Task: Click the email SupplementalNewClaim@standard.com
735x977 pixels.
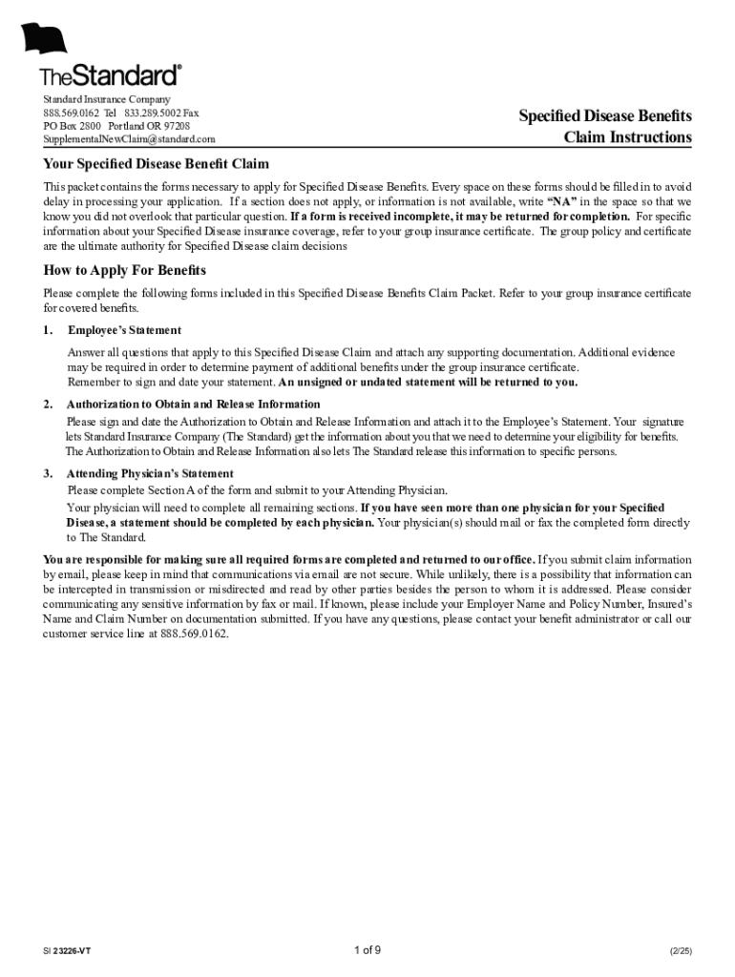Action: tap(129, 139)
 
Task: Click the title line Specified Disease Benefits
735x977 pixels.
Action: tap(605, 116)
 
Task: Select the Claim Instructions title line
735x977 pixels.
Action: tap(627, 137)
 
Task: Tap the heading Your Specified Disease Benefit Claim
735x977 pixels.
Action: tap(157, 164)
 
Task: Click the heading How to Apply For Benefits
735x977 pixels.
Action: tap(125, 271)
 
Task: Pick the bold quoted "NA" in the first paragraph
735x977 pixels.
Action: tap(561, 202)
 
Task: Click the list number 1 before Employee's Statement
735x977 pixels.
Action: tap(48, 330)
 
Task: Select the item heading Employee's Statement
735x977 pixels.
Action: tap(124, 330)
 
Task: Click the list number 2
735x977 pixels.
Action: tap(48, 404)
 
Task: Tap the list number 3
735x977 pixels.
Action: tap(48, 473)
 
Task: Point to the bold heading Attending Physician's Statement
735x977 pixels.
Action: tap(150, 473)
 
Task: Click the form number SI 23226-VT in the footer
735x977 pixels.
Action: tap(67, 952)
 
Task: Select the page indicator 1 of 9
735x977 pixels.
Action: tap(367, 949)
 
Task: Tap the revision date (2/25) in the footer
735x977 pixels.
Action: tap(681, 952)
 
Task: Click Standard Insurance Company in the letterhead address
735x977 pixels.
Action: tap(107, 99)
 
